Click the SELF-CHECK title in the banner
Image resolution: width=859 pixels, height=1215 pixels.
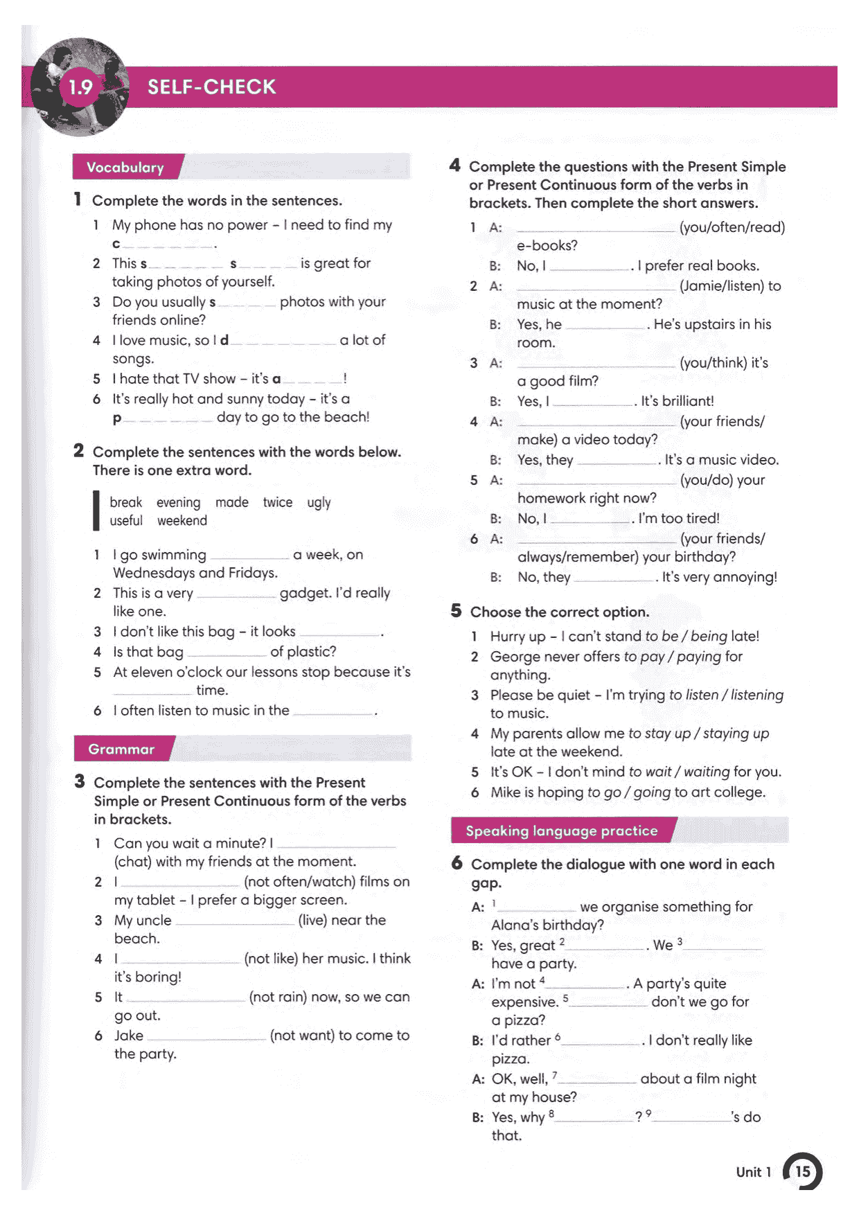211,87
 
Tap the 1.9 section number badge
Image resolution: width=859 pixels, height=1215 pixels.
80,87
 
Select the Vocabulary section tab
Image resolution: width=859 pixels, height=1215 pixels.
125,168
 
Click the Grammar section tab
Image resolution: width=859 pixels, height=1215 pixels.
121,750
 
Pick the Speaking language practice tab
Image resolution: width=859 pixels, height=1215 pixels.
561,831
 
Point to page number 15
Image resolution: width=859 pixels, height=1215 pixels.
802,1171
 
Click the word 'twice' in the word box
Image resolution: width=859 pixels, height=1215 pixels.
277,502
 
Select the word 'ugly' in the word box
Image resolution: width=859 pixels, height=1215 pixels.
319,502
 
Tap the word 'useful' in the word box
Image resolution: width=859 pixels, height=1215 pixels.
126,521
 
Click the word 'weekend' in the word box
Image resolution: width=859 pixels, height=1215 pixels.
181,521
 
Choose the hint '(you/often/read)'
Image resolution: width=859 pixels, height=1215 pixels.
732,227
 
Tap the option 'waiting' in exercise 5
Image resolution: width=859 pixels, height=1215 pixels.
707,772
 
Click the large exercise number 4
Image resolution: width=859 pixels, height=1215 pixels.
454,166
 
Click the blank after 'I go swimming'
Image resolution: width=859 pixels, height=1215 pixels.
249,556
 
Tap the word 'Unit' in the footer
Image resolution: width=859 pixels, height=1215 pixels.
748,1172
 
